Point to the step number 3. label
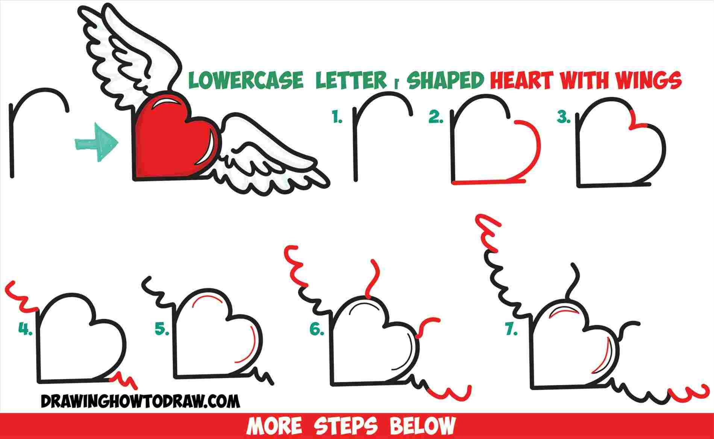(x=564, y=118)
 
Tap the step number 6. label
(x=317, y=329)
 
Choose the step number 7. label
(x=511, y=330)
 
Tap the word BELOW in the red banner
(x=422, y=426)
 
